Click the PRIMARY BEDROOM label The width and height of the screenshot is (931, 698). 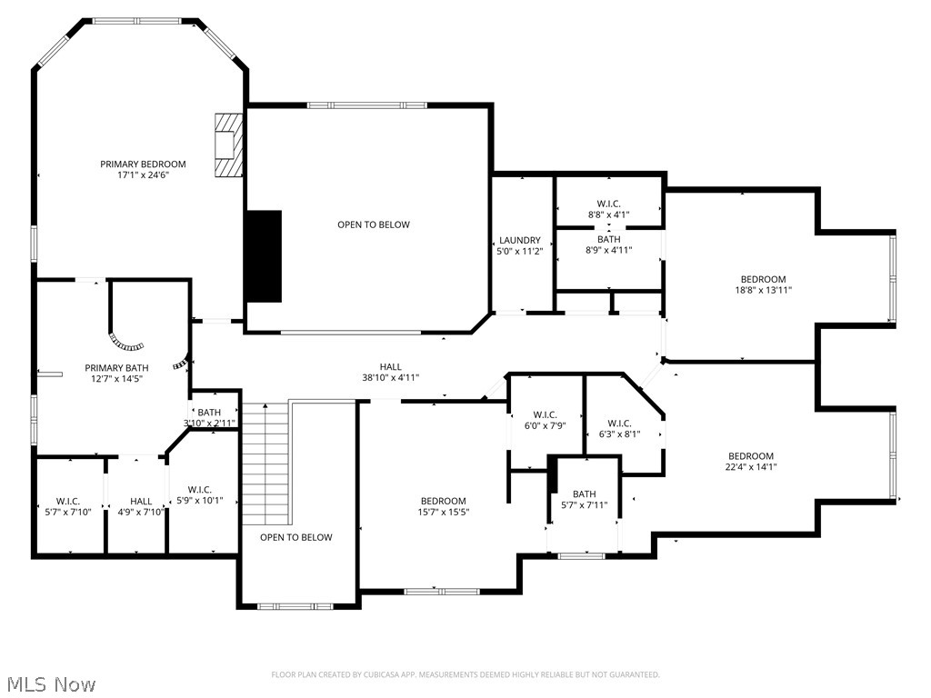(143, 165)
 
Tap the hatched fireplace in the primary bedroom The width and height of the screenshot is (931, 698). (228, 145)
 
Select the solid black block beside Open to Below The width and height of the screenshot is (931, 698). (263, 256)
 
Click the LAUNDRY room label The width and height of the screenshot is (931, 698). (520, 241)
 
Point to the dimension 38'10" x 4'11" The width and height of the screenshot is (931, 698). (390, 377)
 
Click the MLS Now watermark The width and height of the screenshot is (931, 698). (50, 683)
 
